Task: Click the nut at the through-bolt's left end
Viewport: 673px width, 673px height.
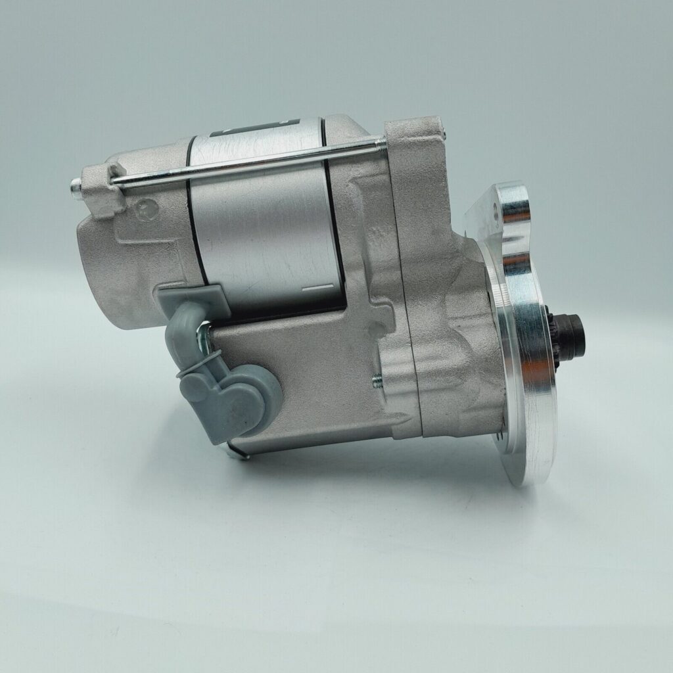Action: pyautogui.click(x=77, y=189)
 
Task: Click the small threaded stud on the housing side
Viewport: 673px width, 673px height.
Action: pyautogui.click(x=377, y=379)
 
